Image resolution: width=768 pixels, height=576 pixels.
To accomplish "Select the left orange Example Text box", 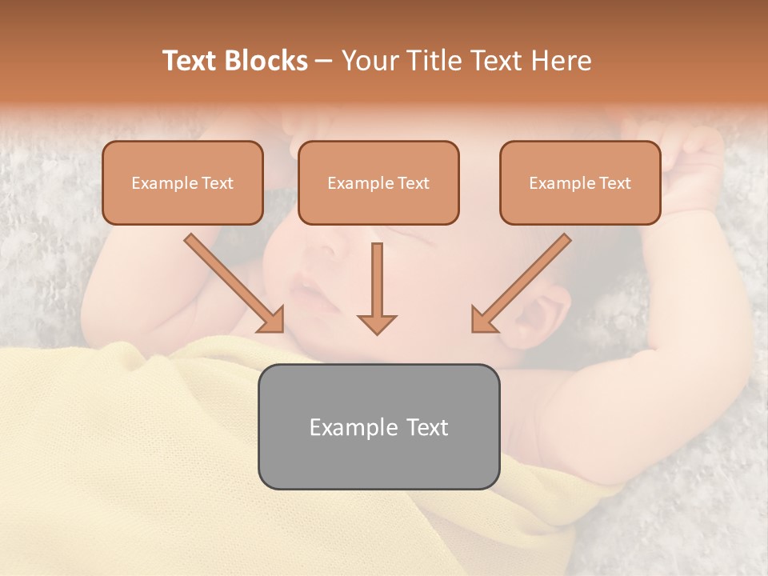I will coord(182,183).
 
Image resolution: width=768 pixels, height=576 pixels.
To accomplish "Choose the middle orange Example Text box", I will coord(378,183).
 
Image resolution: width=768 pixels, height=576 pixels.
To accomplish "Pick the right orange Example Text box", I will coord(580,183).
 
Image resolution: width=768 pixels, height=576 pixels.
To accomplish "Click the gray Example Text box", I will coord(378,426).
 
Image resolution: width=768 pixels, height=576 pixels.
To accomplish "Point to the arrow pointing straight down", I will coord(377,288).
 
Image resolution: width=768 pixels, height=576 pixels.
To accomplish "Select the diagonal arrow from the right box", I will coord(520,283).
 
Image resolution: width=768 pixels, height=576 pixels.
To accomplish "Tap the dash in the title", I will coord(324,62).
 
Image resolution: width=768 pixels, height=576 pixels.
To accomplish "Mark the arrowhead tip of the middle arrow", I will coord(377,332).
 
